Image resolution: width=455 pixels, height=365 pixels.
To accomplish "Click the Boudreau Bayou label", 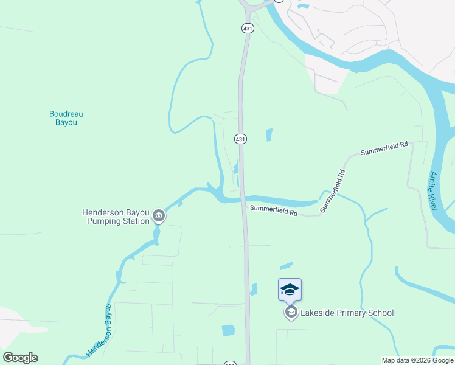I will pos(66,117).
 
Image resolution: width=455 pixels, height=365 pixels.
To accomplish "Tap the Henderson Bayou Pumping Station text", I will pos(116,217).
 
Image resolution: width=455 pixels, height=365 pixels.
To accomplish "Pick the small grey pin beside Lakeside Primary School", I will pos(291,313).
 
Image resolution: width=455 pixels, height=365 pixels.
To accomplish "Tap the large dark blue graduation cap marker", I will pos(290,289).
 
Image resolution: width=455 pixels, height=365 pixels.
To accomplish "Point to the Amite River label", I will pos(434,191).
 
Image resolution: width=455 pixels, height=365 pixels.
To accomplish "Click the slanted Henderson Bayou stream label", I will pos(100,330).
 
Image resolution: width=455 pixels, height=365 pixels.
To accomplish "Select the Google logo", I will pos(20,358).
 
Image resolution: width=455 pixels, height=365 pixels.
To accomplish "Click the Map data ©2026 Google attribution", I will pos(417,360).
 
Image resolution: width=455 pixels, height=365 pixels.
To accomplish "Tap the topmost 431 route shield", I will pos(247,28).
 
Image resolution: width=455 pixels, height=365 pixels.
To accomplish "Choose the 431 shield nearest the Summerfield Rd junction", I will pos(240,139).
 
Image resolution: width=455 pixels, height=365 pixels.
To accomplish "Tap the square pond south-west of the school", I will pos(228,330).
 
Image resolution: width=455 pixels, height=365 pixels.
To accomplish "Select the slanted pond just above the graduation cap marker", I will pos(286,266).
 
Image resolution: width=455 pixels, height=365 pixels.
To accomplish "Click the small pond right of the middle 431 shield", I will pos(269,134).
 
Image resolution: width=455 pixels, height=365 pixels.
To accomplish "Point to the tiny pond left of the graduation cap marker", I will pos(254,290).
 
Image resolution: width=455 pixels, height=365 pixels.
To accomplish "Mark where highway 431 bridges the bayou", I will pos(243,198).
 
